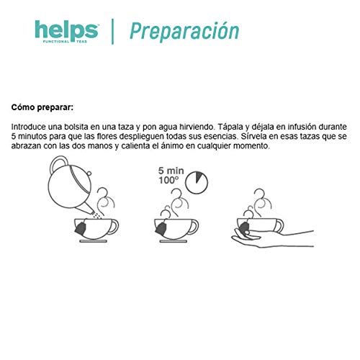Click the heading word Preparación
click(184, 32)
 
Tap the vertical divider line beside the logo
click(113, 32)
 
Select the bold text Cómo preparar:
click(42, 107)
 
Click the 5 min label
click(171, 172)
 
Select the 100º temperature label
click(171, 183)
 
